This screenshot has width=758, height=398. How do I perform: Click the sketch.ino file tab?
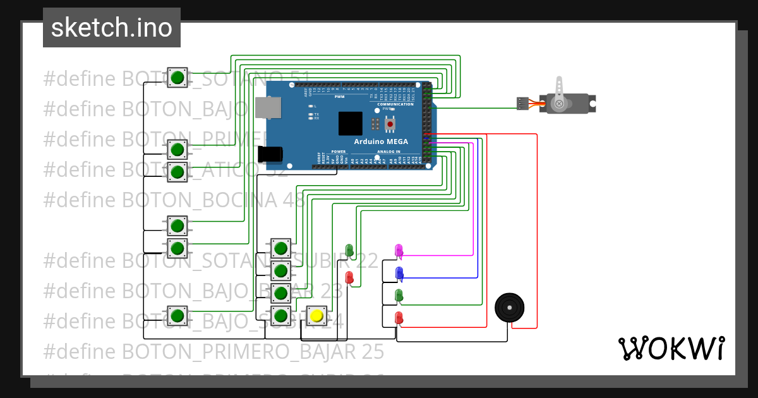pyautogui.click(x=112, y=28)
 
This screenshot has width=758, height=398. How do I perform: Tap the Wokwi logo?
pyautogui.click(x=671, y=348)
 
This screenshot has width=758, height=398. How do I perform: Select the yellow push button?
pyautogui.click(x=316, y=316)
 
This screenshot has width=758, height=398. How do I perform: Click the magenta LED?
pyautogui.click(x=399, y=251)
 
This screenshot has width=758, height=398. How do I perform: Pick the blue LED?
pyautogui.click(x=399, y=273)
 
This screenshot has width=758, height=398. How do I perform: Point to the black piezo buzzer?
pyautogui.click(x=510, y=308)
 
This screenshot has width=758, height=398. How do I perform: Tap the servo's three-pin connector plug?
pyautogui.click(x=522, y=103)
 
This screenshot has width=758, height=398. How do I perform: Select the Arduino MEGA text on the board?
pyautogui.click(x=381, y=142)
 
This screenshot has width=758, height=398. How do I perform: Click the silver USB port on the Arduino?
pyautogui.click(x=268, y=107)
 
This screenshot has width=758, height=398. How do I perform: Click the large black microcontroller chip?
pyautogui.click(x=351, y=123)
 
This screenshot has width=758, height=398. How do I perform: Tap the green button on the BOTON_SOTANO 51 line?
pyautogui.click(x=177, y=78)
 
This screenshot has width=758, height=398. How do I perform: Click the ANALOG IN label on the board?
pyautogui.click(x=389, y=152)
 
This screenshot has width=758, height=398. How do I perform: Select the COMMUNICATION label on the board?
pyautogui.click(x=395, y=104)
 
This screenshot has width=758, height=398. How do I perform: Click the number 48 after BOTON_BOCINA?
pyautogui.click(x=293, y=200)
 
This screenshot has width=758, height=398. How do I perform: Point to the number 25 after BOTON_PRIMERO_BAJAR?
pyautogui.click(x=372, y=351)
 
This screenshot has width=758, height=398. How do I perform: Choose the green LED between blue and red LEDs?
pyautogui.click(x=399, y=295)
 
